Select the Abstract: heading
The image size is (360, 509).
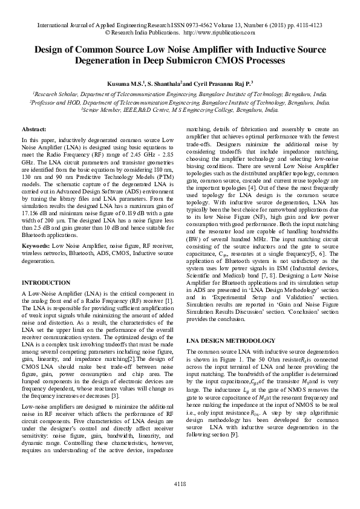[35, 130]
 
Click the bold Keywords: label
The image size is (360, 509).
[36, 247]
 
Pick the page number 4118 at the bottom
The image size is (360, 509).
[180, 484]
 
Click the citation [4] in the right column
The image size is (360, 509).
[249, 189]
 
